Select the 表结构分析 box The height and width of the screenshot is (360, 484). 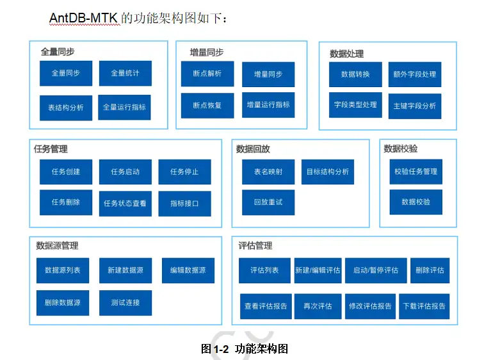tap(66, 108)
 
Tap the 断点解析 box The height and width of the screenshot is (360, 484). tap(207, 74)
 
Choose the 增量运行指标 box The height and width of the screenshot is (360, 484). tap(268, 105)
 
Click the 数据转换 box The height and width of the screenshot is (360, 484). tap(356, 74)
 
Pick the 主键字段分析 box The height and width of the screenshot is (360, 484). tap(415, 106)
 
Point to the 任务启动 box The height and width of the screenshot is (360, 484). tap(125, 172)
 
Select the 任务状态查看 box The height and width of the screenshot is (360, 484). tap(125, 203)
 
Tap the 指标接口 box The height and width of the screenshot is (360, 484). tap(185, 204)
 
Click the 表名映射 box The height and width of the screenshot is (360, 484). tap(268, 172)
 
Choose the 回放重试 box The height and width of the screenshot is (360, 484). tap(268, 202)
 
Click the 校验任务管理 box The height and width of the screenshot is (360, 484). tap(416, 171)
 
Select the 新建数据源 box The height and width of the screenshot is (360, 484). tap(125, 270)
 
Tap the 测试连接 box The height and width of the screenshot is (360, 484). tap(125, 302)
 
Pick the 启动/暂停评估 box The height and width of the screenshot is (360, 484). tap(376, 270)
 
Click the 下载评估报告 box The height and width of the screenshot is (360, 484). tap(424, 306)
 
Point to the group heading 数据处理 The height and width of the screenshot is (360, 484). tap(347, 54)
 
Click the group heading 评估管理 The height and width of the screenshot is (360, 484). tap(255, 245)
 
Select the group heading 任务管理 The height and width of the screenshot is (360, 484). tap(51, 149)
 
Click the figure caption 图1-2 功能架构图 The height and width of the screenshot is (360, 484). tap(245, 349)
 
